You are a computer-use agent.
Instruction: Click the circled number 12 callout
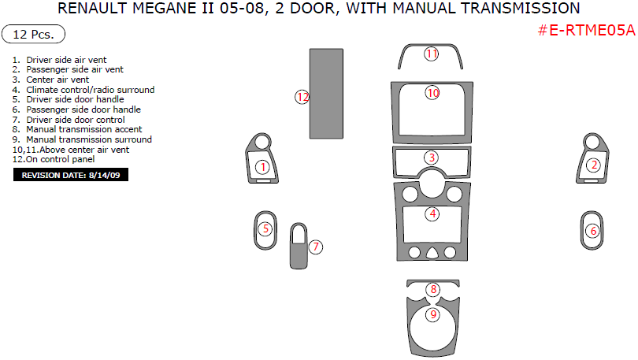(x=302, y=97)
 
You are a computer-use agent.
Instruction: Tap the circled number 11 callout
(x=432, y=54)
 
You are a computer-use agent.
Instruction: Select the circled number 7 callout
(x=315, y=247)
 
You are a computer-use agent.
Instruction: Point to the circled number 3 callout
(x=432, y=158)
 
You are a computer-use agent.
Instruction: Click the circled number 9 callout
(x=432, y=314)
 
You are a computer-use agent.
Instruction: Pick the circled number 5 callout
(x=266, y=229)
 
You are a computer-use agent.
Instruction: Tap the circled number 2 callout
(x=594, y=165)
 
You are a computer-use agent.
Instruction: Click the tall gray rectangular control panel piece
(x=328, y=91)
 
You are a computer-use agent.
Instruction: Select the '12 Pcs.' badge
(x=34, y=35)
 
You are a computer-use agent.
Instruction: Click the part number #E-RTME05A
(x=586, y=30)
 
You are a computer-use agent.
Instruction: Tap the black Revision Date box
(x=71, y=175)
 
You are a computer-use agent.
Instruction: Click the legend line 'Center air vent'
(x=57, y=80)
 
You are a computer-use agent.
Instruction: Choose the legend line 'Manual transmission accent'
(x=83, y=129)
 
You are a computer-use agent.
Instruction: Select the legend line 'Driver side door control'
(x=76, y=120)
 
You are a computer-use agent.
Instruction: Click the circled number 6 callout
(x=594, y=231)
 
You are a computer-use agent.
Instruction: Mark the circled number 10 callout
(x=432, y=93)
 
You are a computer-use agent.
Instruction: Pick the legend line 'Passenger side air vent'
(x=74, y=69)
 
